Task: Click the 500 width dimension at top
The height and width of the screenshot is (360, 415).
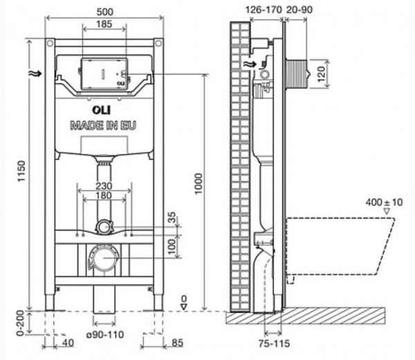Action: [105, 13]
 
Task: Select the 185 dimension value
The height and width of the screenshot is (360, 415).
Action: [105, 26]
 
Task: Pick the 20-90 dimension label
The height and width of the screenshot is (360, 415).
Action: [299, 10]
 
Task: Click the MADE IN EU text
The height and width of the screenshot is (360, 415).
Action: [104, 125]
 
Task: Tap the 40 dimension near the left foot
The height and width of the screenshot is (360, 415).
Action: [67, 341]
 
